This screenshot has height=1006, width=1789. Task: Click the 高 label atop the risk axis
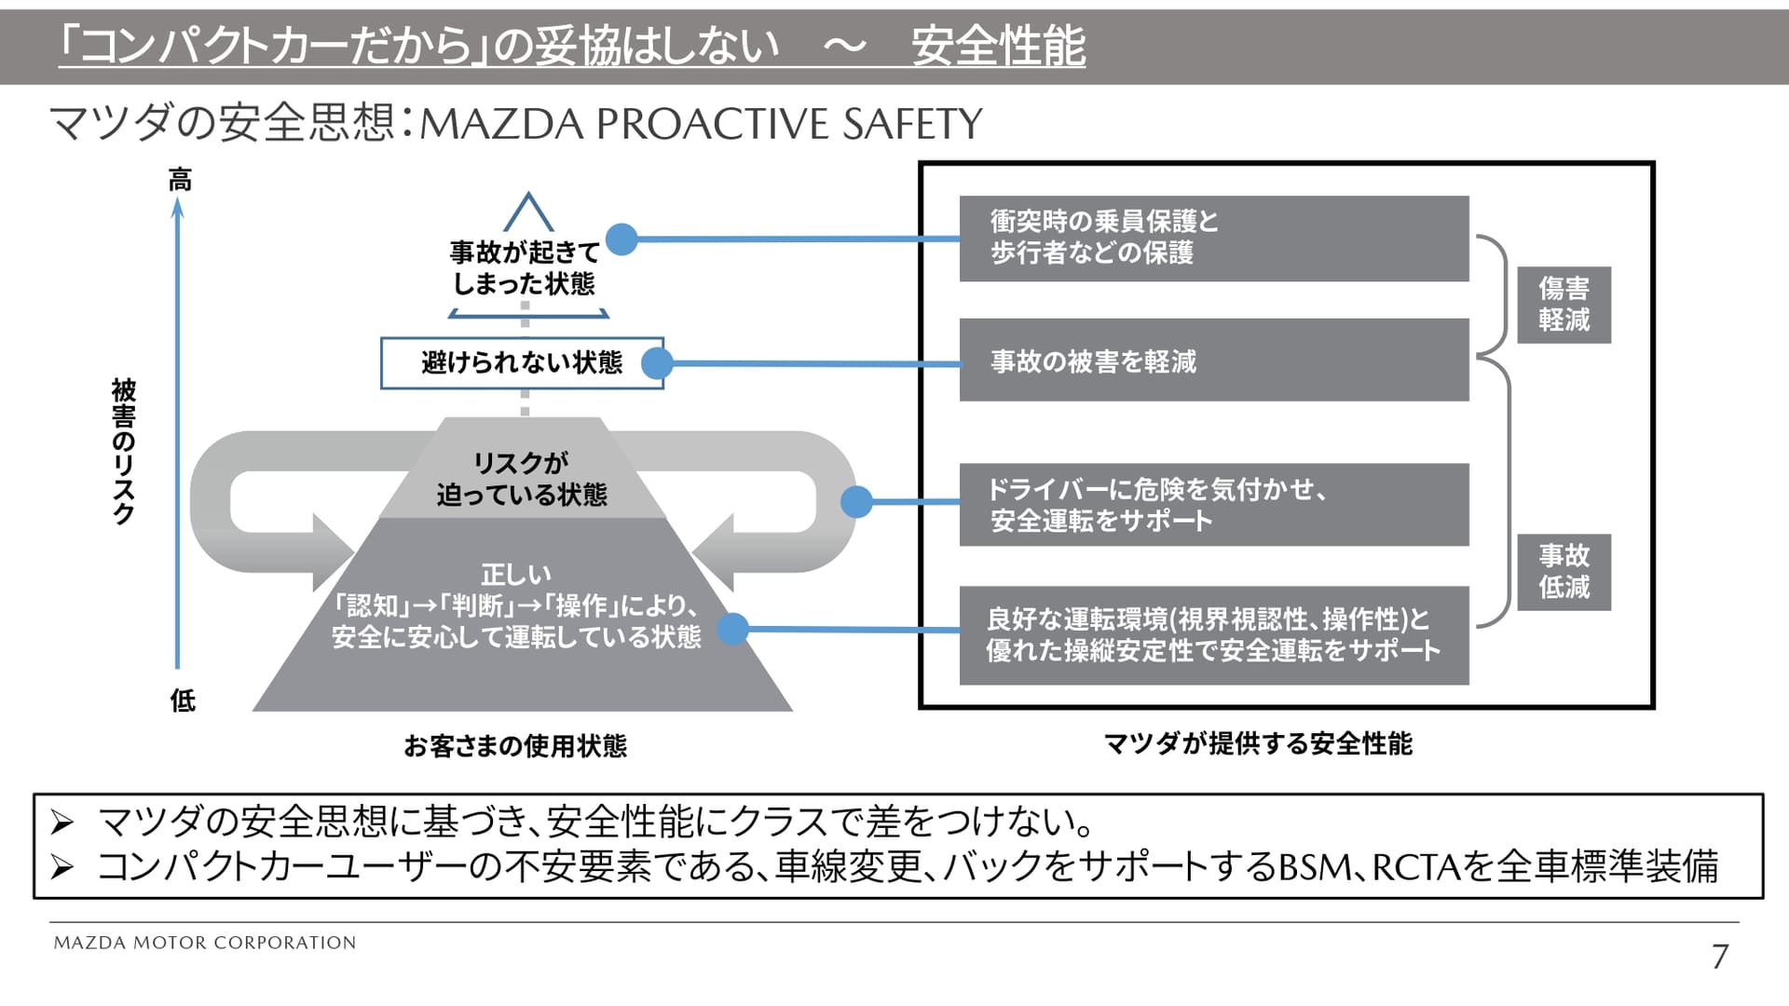180,180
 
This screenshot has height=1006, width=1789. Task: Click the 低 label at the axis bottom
183,700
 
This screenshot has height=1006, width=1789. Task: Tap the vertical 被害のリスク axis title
124,451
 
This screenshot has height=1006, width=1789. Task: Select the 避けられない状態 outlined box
521,362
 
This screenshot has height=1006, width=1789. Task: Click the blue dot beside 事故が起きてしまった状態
621,239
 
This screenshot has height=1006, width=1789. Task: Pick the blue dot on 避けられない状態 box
657,363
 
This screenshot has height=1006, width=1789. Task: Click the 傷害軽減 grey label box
1564,305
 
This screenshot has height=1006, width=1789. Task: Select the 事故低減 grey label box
1564,572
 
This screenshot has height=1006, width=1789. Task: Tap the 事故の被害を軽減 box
1213,360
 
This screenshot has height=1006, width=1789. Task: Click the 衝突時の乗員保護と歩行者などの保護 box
1213,238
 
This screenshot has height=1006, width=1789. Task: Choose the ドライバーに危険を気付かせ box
1213,505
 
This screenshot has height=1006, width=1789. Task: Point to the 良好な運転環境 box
1213,635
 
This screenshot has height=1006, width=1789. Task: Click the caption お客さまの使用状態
515,746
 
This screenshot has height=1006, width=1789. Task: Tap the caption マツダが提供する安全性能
1258,744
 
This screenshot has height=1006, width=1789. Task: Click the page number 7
1720,957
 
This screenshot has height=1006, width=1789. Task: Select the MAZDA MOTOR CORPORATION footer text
205,943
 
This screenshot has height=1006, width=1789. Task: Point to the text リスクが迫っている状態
522,479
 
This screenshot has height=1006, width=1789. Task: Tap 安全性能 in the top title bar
998,47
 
